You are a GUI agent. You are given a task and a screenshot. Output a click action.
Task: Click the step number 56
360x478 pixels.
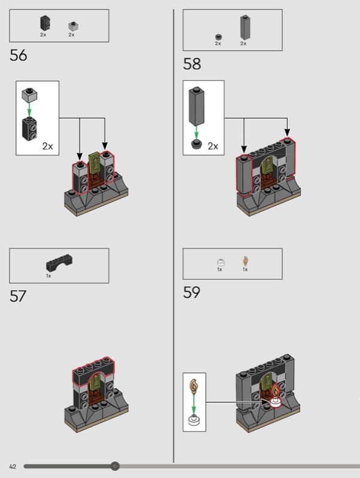click(x=19, y=56)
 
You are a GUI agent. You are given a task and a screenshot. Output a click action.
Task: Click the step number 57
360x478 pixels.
click(x=18, y=296)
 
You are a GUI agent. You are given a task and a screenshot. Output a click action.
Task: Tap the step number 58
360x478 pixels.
click(x=192, y=64)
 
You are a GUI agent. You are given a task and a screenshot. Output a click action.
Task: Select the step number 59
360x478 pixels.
click(x=191, y=292)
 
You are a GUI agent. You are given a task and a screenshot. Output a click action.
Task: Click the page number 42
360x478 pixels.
click(x=13, y=467)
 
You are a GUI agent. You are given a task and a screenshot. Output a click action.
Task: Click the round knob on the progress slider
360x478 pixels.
click(x=115, y=466)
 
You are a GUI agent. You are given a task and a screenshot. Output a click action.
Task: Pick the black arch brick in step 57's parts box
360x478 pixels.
click(x=59, y=262)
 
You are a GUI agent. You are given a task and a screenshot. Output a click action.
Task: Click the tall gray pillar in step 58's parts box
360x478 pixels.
click(x=245, y=27)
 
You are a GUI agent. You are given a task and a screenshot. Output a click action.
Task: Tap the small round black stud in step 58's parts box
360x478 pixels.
click(x=218, y=37)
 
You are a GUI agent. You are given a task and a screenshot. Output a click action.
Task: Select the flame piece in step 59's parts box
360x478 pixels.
click(x=245, y=261)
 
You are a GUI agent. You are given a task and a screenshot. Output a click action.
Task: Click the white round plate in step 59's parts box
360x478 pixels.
click(x=221, y=262)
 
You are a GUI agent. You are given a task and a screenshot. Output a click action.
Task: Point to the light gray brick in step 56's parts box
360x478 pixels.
click(x=73, y=26)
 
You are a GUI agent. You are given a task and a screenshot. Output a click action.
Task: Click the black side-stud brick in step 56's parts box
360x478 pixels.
click(x=45, y=23)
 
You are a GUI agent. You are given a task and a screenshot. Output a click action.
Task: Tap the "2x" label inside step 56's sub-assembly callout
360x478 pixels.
click(x=48, y=146)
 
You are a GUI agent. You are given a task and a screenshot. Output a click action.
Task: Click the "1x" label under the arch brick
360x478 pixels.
click(x=48, y=276)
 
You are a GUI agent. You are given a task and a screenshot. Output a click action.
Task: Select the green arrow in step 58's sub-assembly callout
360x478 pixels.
click(x=197, y=133)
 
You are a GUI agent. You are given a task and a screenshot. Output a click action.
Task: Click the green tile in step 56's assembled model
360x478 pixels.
click(x=94, y=163)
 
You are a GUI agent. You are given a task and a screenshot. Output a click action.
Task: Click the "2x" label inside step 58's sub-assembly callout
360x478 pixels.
click(x=213, y=146)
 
